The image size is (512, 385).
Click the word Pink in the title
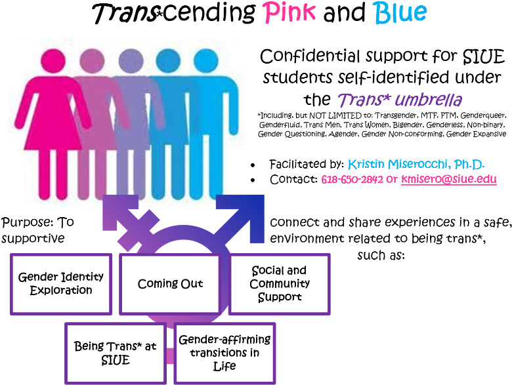tap(289, 12)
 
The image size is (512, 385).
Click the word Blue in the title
tap(400, 12)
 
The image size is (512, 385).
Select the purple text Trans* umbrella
tap(400, 100)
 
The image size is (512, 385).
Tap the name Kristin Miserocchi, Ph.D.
tap(416, 164)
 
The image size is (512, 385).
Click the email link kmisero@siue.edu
tap(449, 179)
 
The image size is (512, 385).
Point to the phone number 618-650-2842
tap(352, 179)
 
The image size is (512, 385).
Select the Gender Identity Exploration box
tap(60, 283)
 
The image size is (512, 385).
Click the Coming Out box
tap(170, 283)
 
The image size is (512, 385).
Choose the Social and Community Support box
tap(279, 283)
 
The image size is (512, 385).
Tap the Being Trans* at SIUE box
tap(115, 352)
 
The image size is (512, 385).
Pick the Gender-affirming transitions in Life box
tap(224, 352)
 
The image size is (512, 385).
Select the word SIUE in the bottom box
tap(115, 360)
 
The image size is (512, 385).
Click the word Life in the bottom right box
tap(224, 366)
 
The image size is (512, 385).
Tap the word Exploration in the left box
tap(60, 291)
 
